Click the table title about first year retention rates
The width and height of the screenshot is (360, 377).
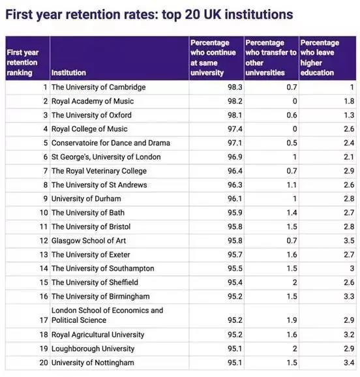tap(149, 14)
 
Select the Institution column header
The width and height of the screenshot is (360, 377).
tap(68, 73)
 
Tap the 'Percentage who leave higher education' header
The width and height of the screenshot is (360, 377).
tap(320, 58)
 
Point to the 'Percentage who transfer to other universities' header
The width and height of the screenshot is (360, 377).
tap(271, 58)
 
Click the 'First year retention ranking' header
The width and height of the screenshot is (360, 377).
tap(23, 63)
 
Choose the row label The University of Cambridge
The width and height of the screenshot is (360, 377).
tap(98, 87)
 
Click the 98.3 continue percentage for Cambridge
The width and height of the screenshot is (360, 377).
tap(224, 87)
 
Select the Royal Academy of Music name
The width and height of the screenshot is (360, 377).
tap(92, 101)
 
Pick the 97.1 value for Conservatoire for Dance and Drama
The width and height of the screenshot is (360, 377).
tap(224, 143)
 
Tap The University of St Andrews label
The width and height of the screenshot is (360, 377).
tap(99, 185)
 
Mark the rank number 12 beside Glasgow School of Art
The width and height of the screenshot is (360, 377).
tap(44, 241)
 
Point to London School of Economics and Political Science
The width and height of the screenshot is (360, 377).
tap(107, 315)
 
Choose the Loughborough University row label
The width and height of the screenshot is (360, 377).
tap(93, 348)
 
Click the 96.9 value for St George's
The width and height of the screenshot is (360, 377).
tap(224, 157)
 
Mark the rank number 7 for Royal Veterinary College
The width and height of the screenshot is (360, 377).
tap(46, 171)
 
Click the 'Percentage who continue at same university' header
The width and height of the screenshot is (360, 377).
tap(215, 58)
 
